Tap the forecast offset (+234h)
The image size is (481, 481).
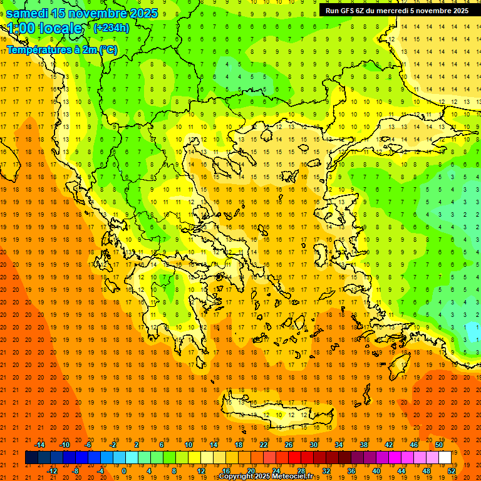tap(111, 28)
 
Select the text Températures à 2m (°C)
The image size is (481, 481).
tap(61, 49)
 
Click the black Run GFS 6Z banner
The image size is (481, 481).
tap(396, 11)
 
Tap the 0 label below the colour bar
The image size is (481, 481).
tap(123, 470)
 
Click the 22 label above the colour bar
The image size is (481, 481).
tap(264, 445)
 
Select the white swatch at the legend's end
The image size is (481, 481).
tap(445, 458)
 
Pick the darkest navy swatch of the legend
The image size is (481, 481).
tap(31, 458)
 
